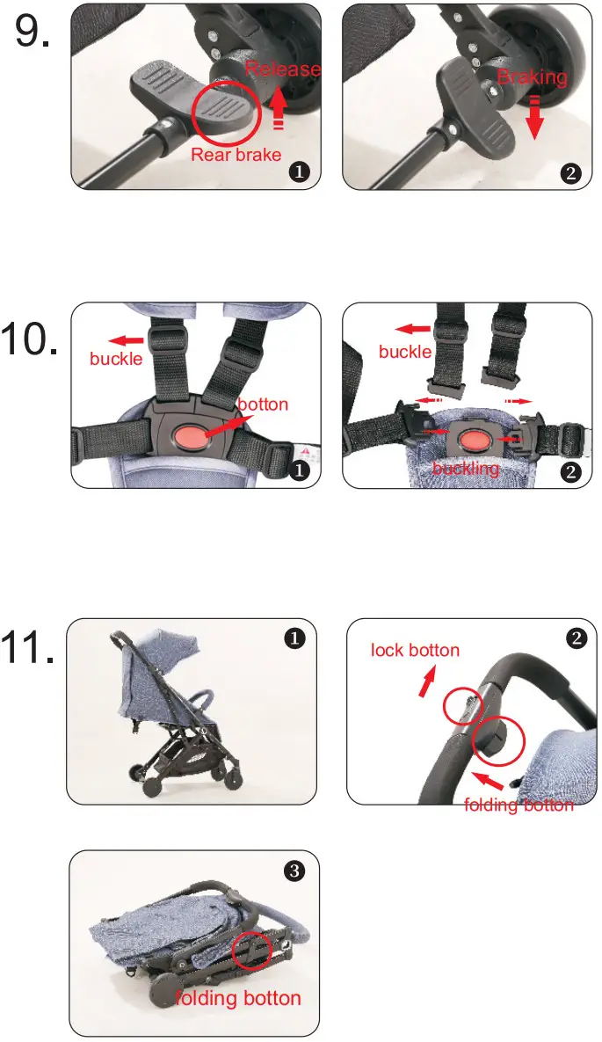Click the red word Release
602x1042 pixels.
(x=282, y=69)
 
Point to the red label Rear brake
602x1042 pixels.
(x=236, y=155)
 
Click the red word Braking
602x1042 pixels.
(x=532, y=77)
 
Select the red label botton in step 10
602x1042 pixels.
(x=263, y=405)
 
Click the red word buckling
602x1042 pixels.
(x=466, y=468)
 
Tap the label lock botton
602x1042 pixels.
(x=415, y=651)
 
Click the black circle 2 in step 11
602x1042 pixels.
(x=577, y=638)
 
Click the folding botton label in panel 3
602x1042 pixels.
(x=238, y=998)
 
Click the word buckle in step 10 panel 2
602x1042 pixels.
(x=405, y=352)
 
